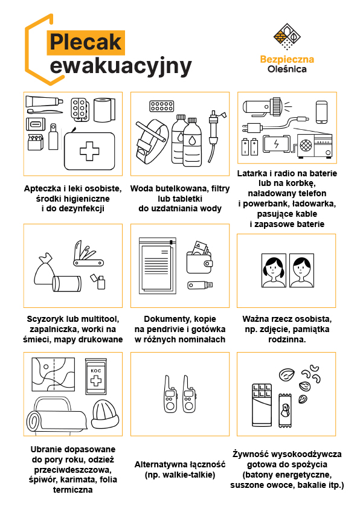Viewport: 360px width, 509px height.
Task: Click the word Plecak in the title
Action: click(x=86, y=42)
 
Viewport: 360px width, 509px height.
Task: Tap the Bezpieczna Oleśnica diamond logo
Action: click(x=287, y=36)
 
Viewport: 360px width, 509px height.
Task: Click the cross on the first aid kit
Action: click(x=89, y=151)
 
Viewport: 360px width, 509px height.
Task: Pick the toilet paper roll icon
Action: click(x=104, y=110)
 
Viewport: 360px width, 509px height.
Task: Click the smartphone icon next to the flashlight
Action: click(x=321, y=112)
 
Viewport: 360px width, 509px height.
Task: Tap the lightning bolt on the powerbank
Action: click(x=276, y=144)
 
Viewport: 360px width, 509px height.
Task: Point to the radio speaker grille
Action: click(x=306, y=145)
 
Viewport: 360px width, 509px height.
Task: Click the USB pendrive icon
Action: click(x=200, y=286)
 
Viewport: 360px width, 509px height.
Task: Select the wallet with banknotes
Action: click(x=199, y=258)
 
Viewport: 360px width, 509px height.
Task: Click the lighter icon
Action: click(x=98, y=281)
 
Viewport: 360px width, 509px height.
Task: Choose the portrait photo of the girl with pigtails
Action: click(x=274, y=271)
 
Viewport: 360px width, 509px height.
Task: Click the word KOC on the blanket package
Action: click(x=96, y=370)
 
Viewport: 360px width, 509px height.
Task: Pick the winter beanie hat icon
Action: click(x=105, y=414)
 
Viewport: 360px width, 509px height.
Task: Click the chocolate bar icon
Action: click(x=262, y=405)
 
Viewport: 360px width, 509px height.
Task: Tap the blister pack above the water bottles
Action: click(x=162, y=106)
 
